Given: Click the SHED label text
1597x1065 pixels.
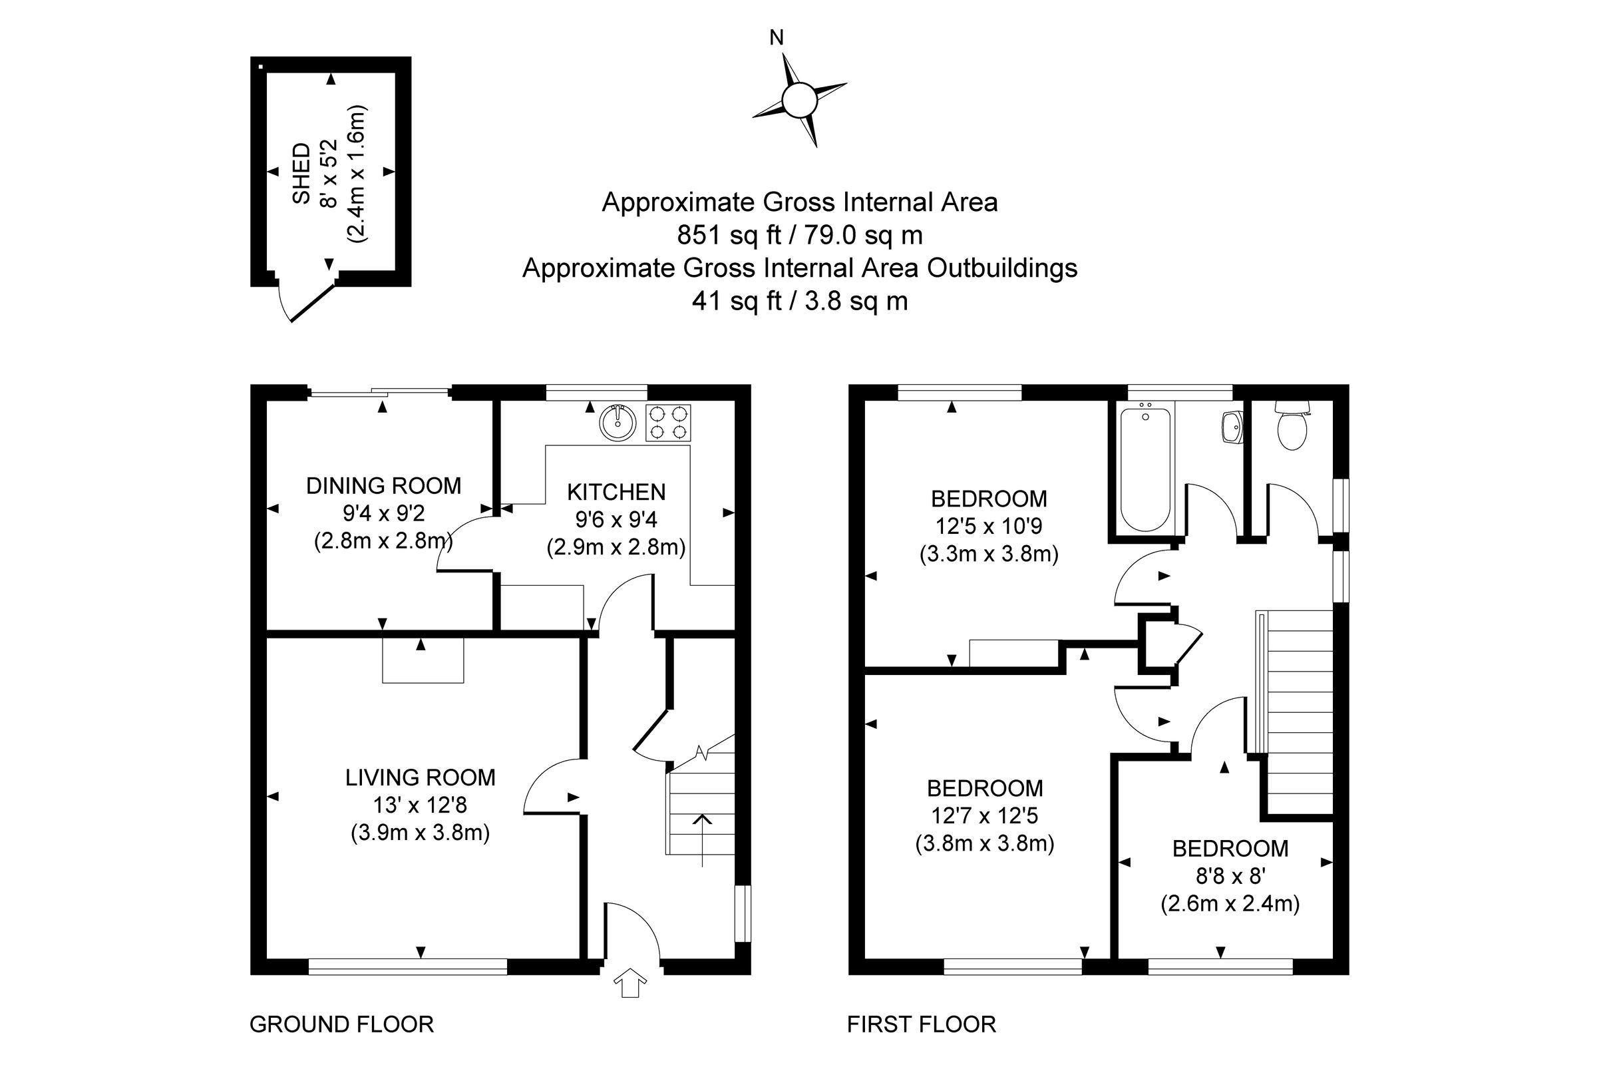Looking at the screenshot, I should point(301,173).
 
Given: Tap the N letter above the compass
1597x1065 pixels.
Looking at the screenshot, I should point(776,39).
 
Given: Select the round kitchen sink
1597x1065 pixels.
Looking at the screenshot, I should point(618,423).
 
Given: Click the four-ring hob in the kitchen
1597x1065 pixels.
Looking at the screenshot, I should point(668,423).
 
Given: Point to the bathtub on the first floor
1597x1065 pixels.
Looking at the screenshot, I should point(1145,469).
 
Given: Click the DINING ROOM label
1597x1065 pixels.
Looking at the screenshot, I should point(384,486).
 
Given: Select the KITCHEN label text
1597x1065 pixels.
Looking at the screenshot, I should point(616,492).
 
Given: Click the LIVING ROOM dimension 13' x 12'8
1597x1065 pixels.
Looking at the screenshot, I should point(420,805).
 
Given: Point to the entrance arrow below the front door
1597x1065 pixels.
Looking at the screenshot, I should point(630,983).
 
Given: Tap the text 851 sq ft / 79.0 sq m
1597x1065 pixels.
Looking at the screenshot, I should point(799,235).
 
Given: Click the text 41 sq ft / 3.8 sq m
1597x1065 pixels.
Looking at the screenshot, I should point(799,300).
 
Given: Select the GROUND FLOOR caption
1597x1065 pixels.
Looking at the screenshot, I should point(341,1024).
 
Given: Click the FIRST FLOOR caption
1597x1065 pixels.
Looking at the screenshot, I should point(921,1024).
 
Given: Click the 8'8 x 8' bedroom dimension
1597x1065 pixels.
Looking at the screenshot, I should point(1230,876).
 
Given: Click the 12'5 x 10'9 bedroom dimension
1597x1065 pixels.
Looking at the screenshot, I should point(989,526).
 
